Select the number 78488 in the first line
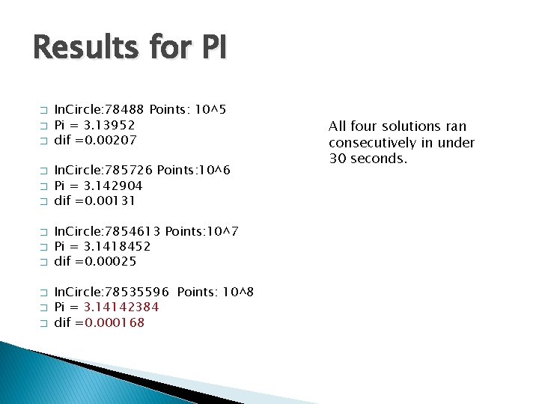tap(128, 110)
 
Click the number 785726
tap(131, 171)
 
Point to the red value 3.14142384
tap(121, 307)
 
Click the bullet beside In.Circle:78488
tap(43, 111)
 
